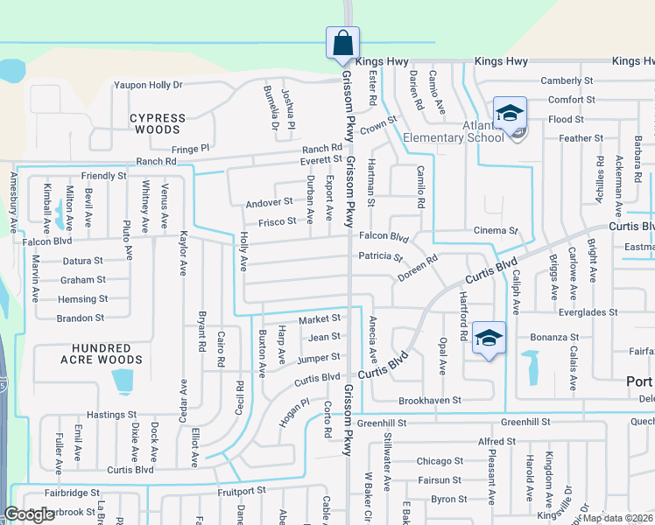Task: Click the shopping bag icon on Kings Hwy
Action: pyautogui.click(x=342, y=42)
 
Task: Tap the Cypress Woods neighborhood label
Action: pyautogui.click(x=158, y=123)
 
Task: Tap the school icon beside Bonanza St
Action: pyautogui.click(x=489, y=339)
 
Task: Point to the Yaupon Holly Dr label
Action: pyautogui.click(x=147, y=85)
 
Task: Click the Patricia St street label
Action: pyautogui.click(x=379, y=257)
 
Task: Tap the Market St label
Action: pyautogui.click(x=319, y=319)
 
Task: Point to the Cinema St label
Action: pyautogui.click(x=496, y=230)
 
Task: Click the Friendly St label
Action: pyautogui.click(x=104, y=176)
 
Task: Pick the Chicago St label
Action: pyautogui.click(x=440, y=461)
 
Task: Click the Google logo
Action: pyautogui.click(x=30, y=514)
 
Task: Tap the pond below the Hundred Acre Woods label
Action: pyautogui.click(x=123, y=381)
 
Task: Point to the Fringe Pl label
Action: pyautogui.click(x=191, y=149)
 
